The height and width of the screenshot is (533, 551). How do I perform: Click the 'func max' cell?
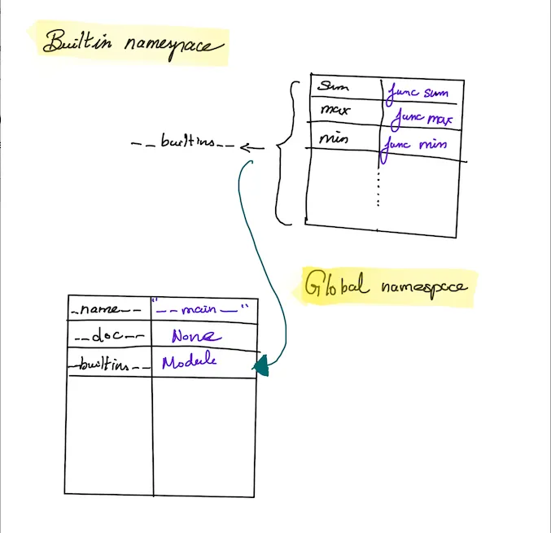click(x=422, y=119)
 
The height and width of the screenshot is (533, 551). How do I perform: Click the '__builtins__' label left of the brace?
click(x=183, y=144)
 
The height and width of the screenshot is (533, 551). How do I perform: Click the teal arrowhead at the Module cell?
click(x=261, y=367)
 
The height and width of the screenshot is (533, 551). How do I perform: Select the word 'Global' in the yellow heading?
click(x=330, y=286)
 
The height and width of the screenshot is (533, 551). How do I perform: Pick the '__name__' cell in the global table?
click(x=107, y=310)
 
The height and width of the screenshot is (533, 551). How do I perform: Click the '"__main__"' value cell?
click(x=203, y=310)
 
